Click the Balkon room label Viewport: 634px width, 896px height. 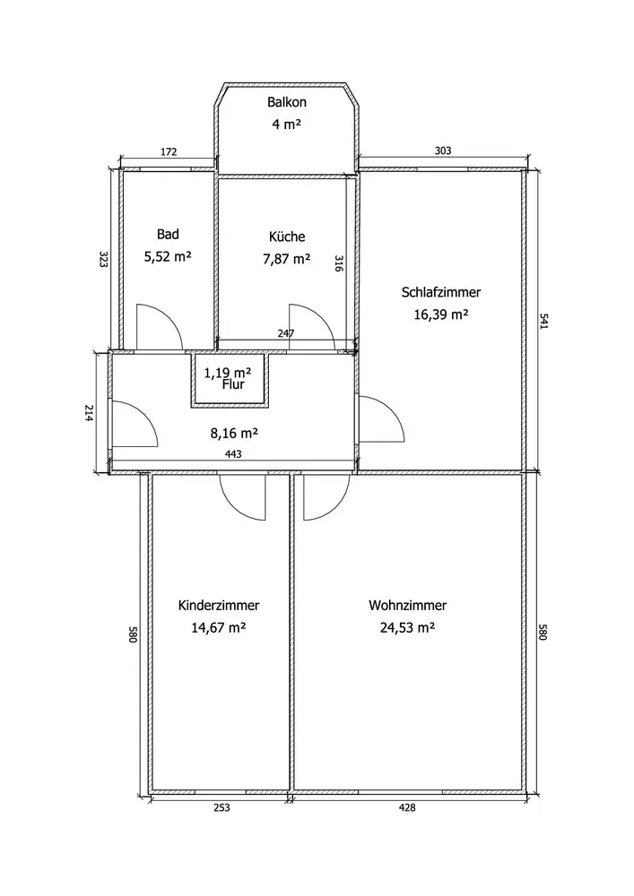[286, 103]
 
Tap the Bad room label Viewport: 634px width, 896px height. [168, 235]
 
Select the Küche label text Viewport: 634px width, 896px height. [287, 237]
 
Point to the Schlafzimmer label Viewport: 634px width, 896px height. [441, 292]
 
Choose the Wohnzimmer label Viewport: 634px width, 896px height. [408, 606]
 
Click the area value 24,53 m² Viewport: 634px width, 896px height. [408, 628]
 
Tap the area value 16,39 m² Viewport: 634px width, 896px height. [441, 314]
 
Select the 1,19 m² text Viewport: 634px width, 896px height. [228, 373]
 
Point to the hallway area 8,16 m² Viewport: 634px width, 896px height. [235, 432]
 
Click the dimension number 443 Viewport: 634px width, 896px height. [234, 454]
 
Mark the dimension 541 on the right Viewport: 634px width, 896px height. [543, 321]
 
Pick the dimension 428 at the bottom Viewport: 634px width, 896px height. [407, 807]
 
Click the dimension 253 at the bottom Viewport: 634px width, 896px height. [221, 807]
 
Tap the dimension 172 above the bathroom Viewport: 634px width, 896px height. [168, 151]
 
